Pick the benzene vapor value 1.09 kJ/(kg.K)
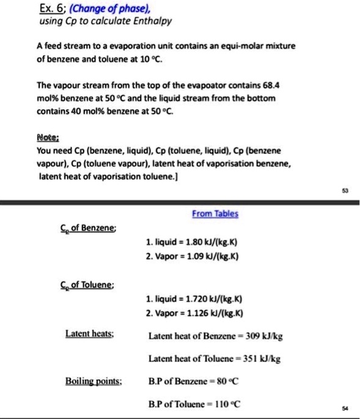[x=215, y=256]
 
